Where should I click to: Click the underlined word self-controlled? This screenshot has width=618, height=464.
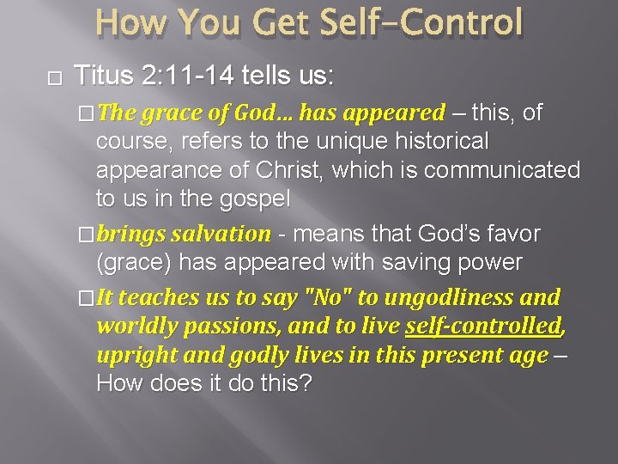[482, 327]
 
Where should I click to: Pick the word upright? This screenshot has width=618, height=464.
[135, 356]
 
